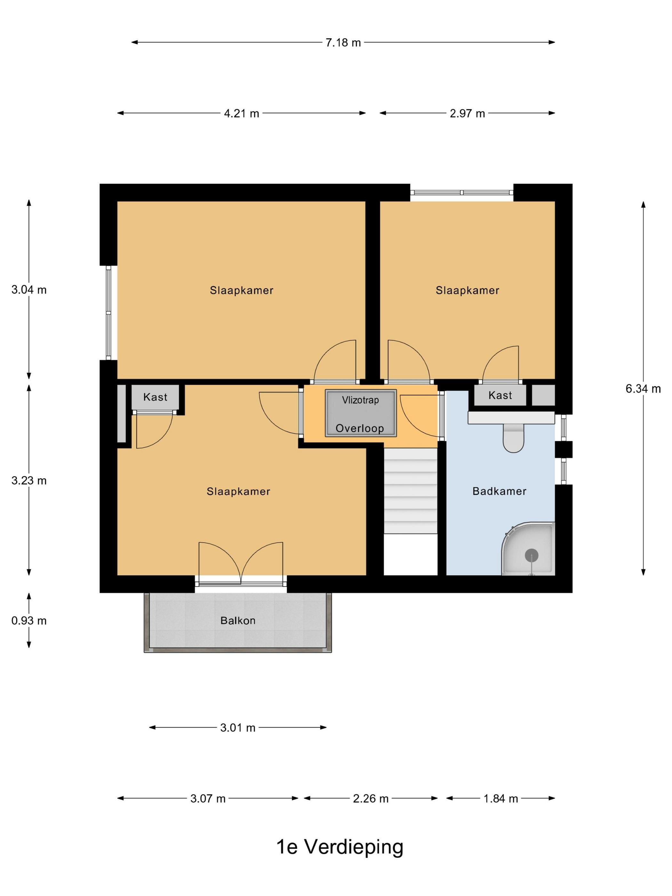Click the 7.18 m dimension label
pyautogui.click(x=343, y=42)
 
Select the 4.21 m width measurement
pyautogui.click(x=241, y=113)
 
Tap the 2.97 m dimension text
pyautogui.click(x=467, y=113)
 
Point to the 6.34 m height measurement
pyautogui.click(x=643, y=388)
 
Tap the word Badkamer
pyautogui.click(x=500, y=491)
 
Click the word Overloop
pyautogui.click(x=360, y=428)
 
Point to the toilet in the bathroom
pyautogui.click(x=513, y=437)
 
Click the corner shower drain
pyautogui.click(x=532, y=555)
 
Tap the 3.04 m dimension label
pyautogui.click(x=29, y=290)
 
